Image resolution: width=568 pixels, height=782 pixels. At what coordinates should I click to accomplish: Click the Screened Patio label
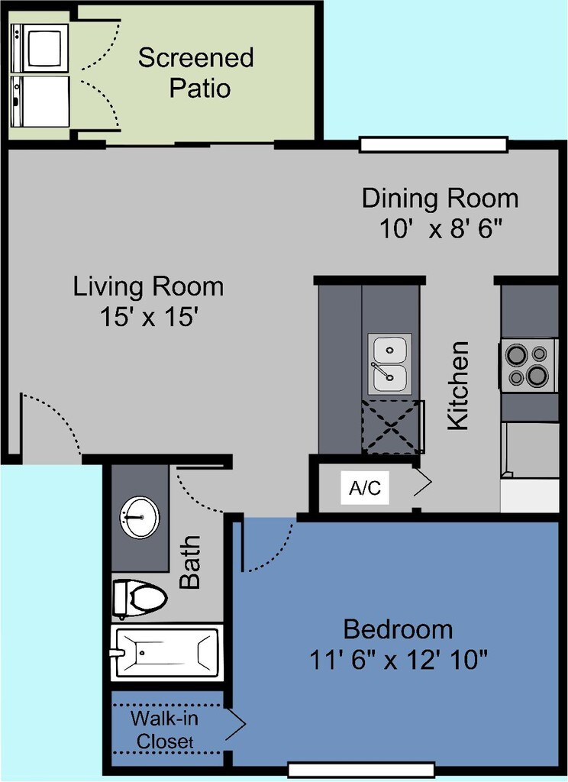(x=196, y=73)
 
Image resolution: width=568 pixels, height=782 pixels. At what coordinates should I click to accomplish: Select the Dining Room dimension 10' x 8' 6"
(x=441, y=229)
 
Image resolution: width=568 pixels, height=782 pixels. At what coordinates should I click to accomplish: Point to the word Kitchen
(x=458, y=385)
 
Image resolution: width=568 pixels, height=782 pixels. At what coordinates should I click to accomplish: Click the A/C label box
(x=365, y=488)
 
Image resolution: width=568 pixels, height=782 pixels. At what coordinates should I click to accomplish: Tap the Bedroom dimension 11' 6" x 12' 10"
(x=398, y=661)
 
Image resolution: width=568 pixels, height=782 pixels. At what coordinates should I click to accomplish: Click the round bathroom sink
(x=140, y=517)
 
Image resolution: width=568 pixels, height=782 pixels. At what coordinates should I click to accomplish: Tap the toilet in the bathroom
(x=139, y=597)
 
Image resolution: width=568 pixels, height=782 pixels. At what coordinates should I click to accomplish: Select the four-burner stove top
(x=528, y=365)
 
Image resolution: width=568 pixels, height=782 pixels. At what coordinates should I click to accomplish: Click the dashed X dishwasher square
(x=392, y=427)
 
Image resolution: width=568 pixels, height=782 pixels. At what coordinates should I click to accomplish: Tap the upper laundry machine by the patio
(x=40, y=48)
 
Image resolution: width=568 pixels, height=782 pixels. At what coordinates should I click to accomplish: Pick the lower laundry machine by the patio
(x=40, y=102)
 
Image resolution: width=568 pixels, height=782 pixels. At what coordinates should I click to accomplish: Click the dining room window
(x=434, y=144)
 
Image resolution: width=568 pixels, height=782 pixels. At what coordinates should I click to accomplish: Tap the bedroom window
(x=362, y=770)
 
